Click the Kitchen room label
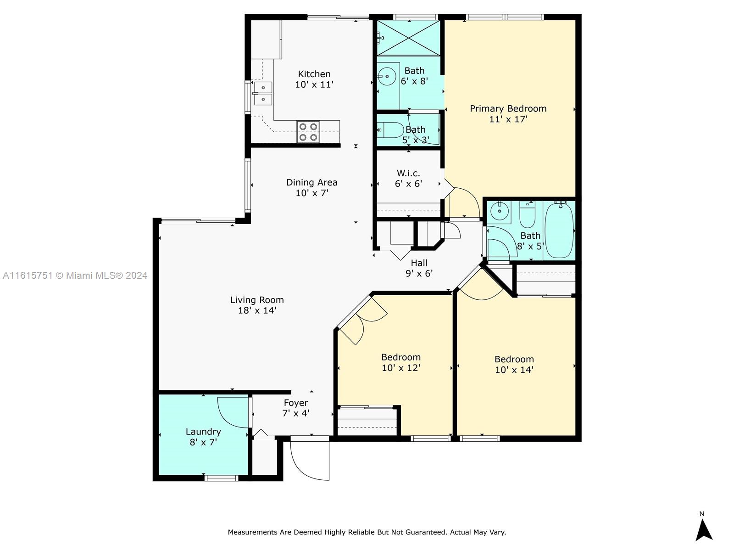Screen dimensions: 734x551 pos(314,74)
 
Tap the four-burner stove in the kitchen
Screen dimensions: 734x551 pos(308,132)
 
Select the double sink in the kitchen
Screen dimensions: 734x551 pos(263,93)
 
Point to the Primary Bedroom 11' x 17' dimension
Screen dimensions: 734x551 pos(508,119)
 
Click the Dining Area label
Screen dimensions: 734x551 pos(311,182)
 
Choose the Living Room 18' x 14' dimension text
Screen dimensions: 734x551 pos(257,310)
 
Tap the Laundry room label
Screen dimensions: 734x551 pos(203,432)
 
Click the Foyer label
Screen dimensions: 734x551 pos(296,403)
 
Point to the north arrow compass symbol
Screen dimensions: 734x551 pos(704,529)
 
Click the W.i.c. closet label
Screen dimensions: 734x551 pos(408,173)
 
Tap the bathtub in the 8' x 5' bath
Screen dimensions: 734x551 pos(559,231)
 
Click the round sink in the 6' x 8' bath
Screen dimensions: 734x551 pos(387,76)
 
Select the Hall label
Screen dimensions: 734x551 pos(419,263)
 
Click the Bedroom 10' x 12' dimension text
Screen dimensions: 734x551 pos(401,368)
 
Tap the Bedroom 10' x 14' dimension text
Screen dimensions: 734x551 pos(514,370)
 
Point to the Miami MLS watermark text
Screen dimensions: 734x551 pos(75,275)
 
